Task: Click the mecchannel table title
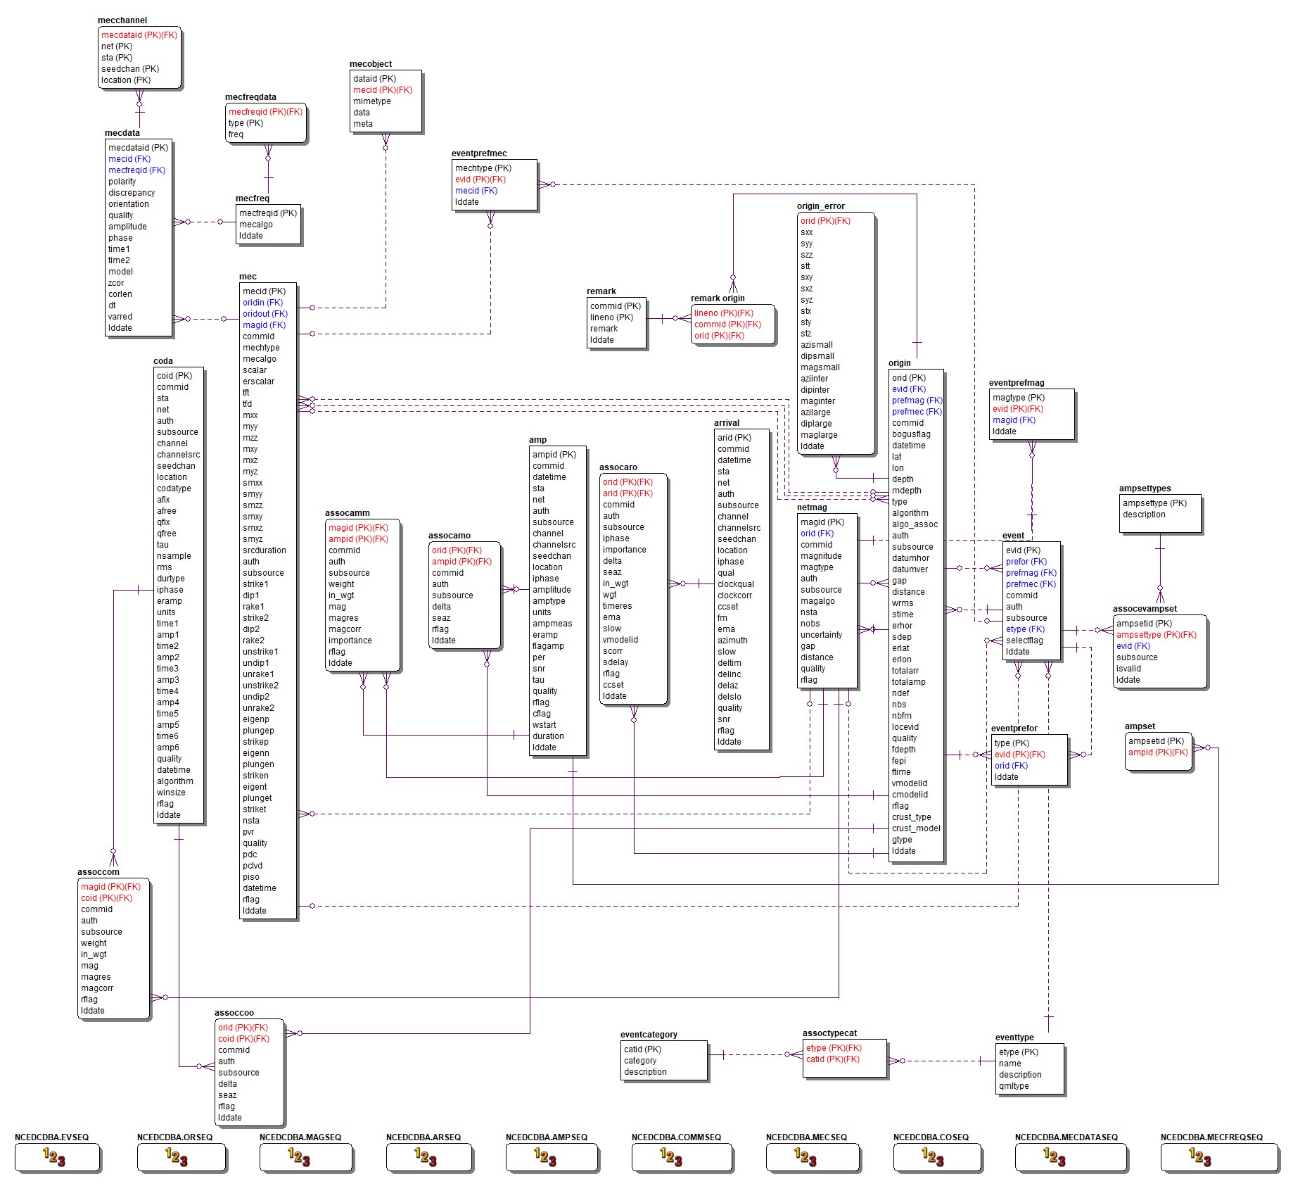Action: [122, 20]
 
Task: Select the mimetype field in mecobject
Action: [371, 101]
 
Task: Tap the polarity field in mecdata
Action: [122, 182]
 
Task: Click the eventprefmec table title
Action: [479, 153]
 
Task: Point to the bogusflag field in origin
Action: [911, 434]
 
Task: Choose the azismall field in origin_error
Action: [816, 345]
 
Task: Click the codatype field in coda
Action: [174, 488]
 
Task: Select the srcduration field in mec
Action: [264, 550]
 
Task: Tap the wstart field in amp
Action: [544, 725]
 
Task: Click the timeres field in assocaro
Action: [617, 606]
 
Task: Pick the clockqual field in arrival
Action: [735, 584]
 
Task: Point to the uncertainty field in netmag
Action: [821, 635]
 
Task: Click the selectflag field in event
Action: [1024, 641]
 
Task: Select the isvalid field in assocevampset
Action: [1128, 669]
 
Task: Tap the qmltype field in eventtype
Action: [1013, 1086]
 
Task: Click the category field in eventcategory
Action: [639, 1061]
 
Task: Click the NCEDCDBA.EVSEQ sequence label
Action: [51, 1137]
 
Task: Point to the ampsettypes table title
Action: [1145, 488]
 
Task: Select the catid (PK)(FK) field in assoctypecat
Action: [832, 1059]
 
